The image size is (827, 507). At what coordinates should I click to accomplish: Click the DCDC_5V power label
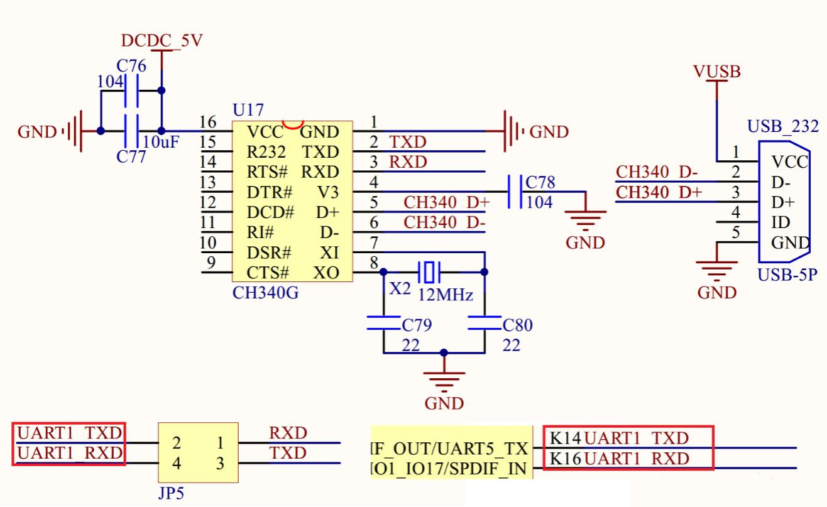pos(162,41)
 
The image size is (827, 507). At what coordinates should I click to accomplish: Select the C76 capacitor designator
pos(131,66)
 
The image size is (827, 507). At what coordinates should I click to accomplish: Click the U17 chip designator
pos(248,111)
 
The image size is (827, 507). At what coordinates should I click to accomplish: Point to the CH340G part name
pos(265,292)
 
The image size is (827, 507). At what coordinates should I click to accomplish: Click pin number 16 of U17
pos(208,122)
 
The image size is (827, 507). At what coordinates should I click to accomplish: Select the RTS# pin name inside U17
pos(267,172)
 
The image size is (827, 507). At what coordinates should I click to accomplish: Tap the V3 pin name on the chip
pos(328,192)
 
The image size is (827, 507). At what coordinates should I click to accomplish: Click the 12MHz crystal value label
pos(446,295)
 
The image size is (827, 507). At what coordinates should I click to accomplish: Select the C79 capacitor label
pos(417,325)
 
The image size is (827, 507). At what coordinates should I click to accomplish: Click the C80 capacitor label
pos(518,325)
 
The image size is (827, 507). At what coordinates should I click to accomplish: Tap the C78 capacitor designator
pos(540,183)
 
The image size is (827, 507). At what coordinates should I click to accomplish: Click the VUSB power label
pos(717,72)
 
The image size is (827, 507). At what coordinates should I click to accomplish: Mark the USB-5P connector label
pos(787,275)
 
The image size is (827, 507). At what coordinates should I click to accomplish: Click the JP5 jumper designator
pos(171,493)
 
